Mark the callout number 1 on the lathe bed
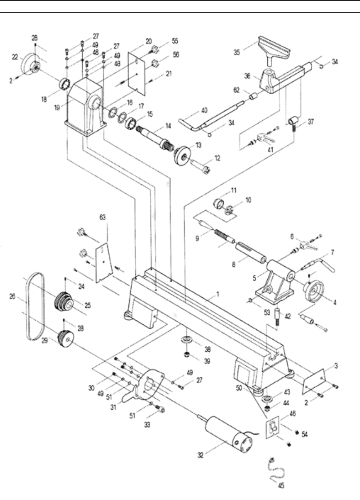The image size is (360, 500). coord(218,294)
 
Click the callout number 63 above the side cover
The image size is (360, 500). coord(103,217)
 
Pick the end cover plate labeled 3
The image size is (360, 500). coord(313,381)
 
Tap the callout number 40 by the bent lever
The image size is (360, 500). coord(204,110)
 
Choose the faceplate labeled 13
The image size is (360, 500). coord(182,155)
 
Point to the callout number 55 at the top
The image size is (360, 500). coord(175,41)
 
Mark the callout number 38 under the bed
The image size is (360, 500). coord(208,349)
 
